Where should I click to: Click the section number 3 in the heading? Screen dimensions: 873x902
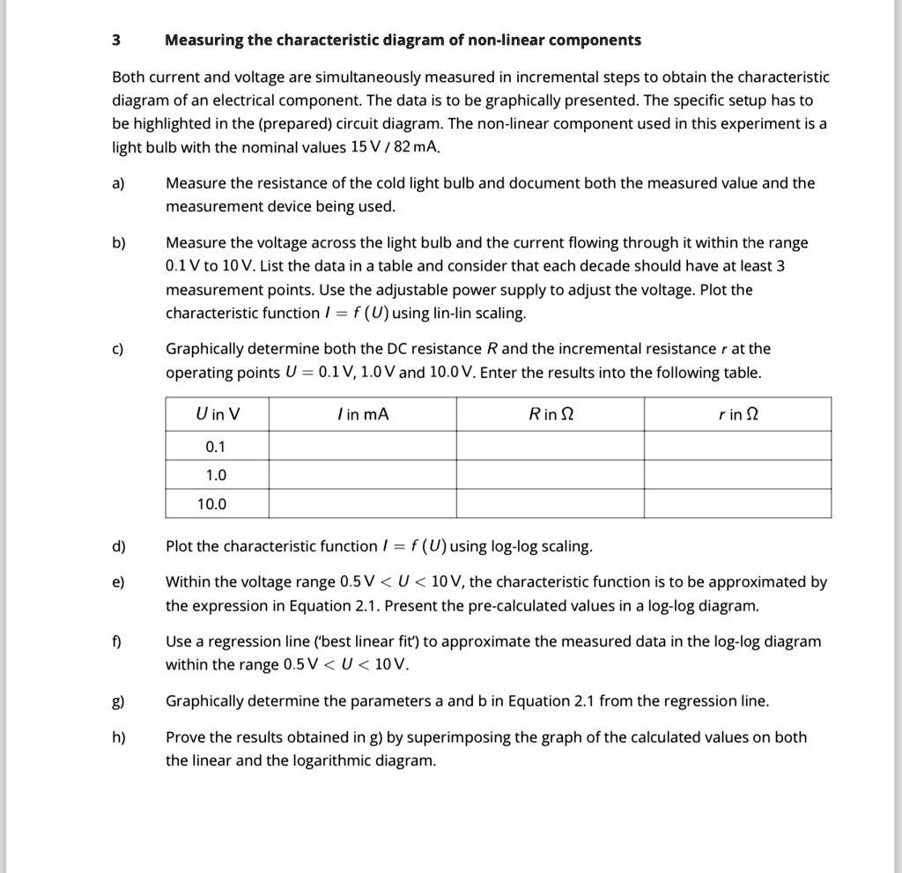(116, 41)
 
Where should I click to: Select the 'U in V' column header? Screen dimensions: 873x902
(217, 414)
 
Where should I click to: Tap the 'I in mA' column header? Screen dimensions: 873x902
(361, 414)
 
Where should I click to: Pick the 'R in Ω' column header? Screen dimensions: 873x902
(550, 414)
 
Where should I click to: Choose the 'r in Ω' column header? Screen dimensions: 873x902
(737, 414)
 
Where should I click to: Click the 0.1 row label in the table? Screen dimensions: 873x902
(216, 446)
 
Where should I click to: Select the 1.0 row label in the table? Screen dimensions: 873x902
(216, 475)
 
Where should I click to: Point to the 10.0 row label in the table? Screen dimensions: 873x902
(212, 505)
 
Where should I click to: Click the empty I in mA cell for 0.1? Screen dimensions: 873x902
(361, 446)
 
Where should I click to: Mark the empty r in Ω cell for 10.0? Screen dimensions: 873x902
(737, 505)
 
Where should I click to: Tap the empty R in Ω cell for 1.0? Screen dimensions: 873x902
(550, 475)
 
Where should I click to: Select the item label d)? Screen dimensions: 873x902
(119, 547)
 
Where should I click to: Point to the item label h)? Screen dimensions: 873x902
(119, 737)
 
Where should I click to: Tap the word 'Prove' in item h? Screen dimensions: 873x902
(186, 737)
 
